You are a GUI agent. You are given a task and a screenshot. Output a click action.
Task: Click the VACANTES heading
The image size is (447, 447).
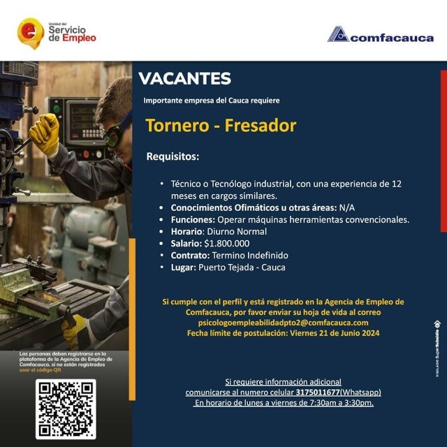(x=184, y=79)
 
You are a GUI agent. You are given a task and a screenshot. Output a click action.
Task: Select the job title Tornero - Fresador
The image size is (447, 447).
(x=221, y=126)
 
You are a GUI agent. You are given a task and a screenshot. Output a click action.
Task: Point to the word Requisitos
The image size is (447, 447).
(x=173, y=156)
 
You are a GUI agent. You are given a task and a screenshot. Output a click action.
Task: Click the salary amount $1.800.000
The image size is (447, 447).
(x=226, y=243)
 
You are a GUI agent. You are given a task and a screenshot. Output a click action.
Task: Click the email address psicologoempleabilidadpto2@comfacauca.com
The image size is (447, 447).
(x=283, y=323)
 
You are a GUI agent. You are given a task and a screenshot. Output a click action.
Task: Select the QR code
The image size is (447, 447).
(x=66, y=409)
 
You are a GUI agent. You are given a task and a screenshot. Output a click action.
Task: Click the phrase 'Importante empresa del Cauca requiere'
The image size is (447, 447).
(x=211, y=101)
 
